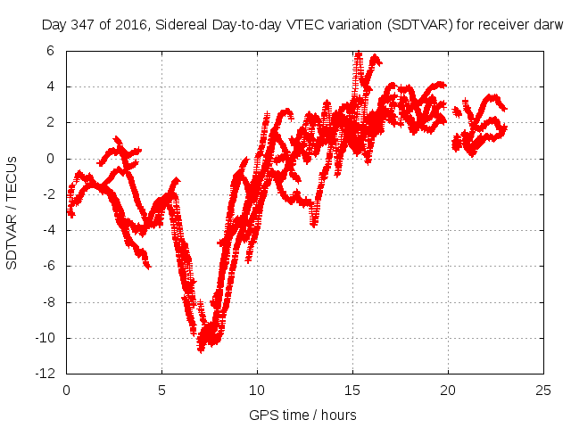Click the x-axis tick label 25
(x=543, y=390)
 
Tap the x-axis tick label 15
(x=352, y=390)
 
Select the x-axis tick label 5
(x=161, y=390)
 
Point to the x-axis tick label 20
(x=448, y=390)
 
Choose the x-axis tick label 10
(x=257, y=390)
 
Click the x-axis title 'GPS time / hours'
(x=302, y=415)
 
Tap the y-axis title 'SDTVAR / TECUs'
(x=12, y=212)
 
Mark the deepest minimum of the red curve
(x=201, y=349)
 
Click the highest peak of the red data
(x=358, y=53)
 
